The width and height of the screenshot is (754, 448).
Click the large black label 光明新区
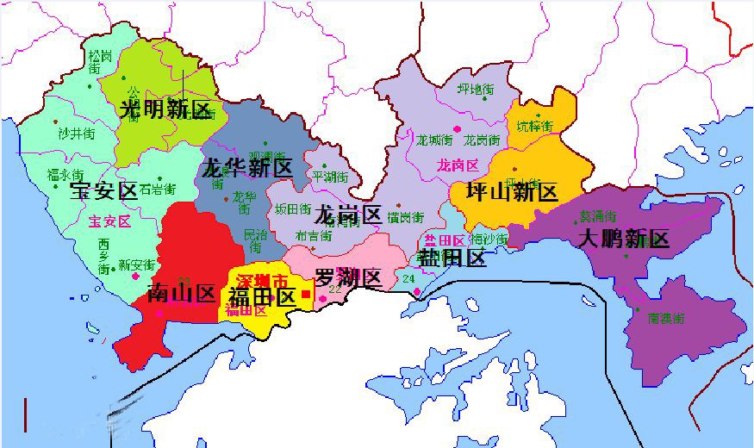pyautogui.click(x=165, y=109)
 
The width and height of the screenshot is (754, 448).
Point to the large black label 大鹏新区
pyautogui.click(x=623, y=239)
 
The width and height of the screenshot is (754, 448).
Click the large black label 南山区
pyautogui.click(x=180, y=293)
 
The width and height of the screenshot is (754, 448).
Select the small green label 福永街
pyautogui.click(x=65, y=175)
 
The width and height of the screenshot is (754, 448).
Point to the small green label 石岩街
pyautogui.click(x=158, y=188)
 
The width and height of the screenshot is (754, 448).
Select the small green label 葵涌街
pyautogui.click(x=597, y=216)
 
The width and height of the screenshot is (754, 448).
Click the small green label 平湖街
pyautogui.click(x=330, y=177)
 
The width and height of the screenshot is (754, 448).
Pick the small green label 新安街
pyautogui.click(x=136, y=264)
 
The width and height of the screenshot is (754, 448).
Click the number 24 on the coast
pyautogui.click(x=408, y=279)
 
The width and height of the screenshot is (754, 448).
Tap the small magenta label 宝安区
pyautogui.click(x=109, y=221)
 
